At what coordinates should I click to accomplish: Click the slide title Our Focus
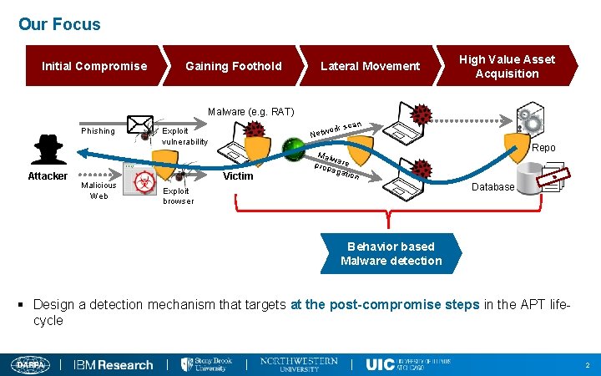[x=59, y=24]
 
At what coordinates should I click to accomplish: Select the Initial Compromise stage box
[x=94, y=66]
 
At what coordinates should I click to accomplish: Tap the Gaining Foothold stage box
[x=234, y=66]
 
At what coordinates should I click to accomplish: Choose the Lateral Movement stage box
[x=371, y=66]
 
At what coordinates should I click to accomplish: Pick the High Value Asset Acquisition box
[x=507, y=66]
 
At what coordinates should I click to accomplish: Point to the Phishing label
[x=98, y=131]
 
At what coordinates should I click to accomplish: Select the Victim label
[x=238, y=176]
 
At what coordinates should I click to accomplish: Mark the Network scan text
[x=336, y=130]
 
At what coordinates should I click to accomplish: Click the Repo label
[x=543, y=148]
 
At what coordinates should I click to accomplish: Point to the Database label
[x=492, y=187]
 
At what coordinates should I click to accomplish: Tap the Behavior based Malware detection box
[x=391, y=254]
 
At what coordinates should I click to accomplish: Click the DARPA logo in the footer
[x=30, y=364]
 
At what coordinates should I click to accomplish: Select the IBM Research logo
[x=114, y=364]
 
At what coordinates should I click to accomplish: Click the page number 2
[x=588, y=365]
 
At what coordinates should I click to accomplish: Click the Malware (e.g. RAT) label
[x=250, y=112]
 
